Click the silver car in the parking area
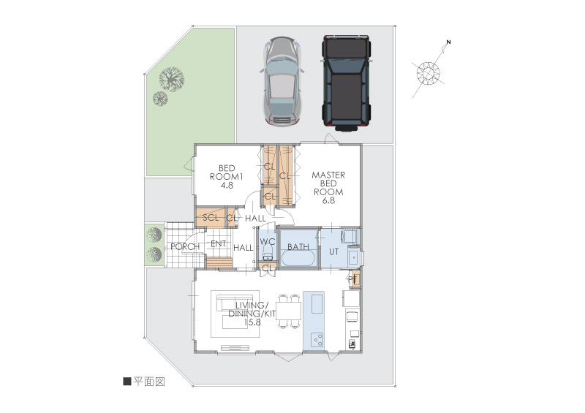tap(282, 81)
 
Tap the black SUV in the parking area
tap(347, 83)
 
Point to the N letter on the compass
tap(449, 42)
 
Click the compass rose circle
tap(429, 73)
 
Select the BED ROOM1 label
tap(227, 176)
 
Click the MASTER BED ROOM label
tap(328, 188)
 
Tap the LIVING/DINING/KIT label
tap(252, 314)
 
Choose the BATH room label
tap(298, 246)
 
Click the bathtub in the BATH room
tap(298, 258)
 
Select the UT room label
tap(333, 252)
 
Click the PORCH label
tap(185, 246)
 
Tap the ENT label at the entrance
tap(218, 243)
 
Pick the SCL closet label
tap(211, 217)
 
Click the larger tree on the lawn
tap(172, 79)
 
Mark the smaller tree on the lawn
tap(160, 99)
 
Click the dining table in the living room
tap(289, 311)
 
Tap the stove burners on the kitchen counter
tap(318, 340)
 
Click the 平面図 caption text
tap(149, 382)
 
